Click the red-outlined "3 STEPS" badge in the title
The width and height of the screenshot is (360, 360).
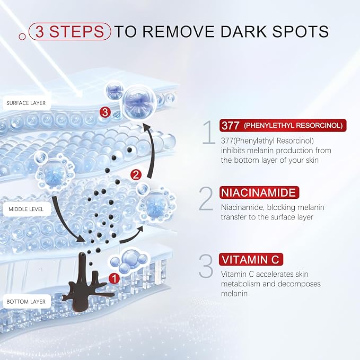pyautogui.click(x=70, y=31)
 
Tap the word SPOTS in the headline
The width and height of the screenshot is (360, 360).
pyautogui.click(x=300, y=31)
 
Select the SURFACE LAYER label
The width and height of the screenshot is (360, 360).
pyautogui.click(x=26, y=103)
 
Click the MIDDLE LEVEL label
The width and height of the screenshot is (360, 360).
pyautogui.click(x=26, y=209)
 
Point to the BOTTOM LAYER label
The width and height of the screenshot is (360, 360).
pyautogui.click(x=26, y=302)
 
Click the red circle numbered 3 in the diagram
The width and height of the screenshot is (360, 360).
pyautogui.click(x=105, y=112)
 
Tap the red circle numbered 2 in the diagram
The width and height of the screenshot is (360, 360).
pyautogui.click(x=136, y=175)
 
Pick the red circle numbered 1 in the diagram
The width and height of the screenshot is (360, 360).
pyautogui.click(x=114, y=278)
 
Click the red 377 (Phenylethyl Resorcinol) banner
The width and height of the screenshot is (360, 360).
pyautogui.click(x=283, y=125)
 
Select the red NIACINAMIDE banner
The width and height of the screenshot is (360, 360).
pyautogui.click(x=259, y=192)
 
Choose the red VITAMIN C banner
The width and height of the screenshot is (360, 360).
pyautogui.click(x=251, y=259)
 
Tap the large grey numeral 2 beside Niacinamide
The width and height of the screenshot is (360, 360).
pyautogui.click(x=206, y=199)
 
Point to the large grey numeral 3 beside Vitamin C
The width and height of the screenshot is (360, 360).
pyautogui.click(x=206, y=266)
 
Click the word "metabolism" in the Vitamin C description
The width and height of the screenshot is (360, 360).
pyautogui.click(x=241, y=284)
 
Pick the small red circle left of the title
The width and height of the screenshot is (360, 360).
pyautogui.click(x=22, y=37)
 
